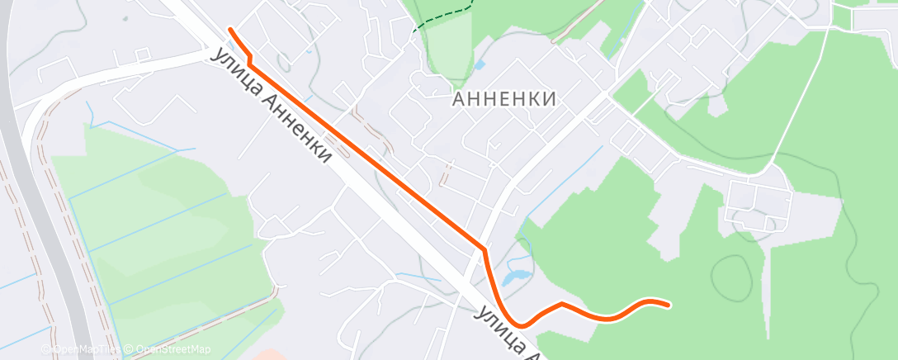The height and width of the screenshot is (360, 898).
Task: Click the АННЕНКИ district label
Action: pos(503,99)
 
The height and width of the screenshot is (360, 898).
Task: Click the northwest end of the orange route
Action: pos(229,30)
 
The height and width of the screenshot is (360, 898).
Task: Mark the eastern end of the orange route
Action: pos(667,305)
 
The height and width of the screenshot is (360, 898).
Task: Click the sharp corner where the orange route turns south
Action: pos(484,248)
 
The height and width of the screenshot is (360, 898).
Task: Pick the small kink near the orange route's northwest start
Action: pos(248,58)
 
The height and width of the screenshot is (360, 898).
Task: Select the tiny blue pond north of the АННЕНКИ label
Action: pos(480,64)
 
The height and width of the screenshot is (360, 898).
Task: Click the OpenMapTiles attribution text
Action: pos(87,349)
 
